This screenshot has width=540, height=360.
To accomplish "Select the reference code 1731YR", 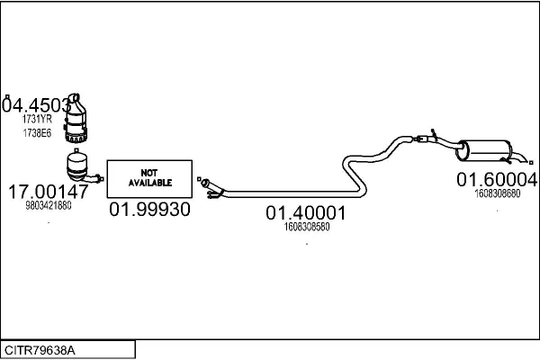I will [37, 119].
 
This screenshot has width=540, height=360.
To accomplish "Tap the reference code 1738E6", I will [37, 133].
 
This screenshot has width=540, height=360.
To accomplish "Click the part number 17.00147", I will [48, 191].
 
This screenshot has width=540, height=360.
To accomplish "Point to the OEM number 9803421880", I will [48, 205].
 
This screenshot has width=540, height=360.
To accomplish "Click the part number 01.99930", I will [149, 210].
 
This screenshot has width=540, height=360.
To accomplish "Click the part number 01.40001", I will [306, 213].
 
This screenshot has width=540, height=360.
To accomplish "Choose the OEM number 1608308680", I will [498, 192].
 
